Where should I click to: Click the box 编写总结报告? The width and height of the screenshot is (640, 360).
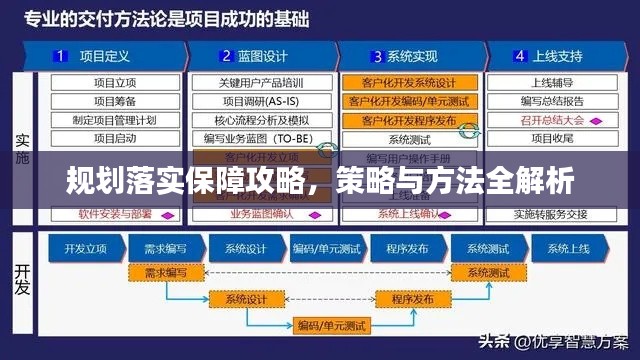(552, 101)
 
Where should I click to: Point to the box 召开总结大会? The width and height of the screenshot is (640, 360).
(552, 120)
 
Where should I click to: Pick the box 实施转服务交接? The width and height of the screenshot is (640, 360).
(552, 213)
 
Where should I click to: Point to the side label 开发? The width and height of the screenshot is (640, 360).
(22, 284)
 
